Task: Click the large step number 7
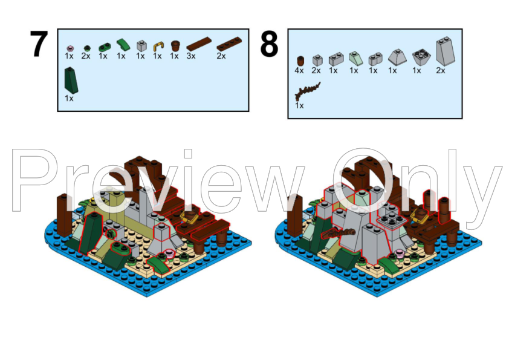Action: coord(39,45)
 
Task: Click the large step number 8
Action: coord(269,45)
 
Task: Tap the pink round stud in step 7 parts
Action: coord(69,47)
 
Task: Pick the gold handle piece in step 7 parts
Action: coord(158,45)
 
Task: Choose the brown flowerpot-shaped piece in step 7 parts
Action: coord(176,45)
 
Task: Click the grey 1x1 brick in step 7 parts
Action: coord(141,45)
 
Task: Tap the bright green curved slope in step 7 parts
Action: coord(123,44)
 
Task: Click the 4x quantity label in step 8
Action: coord(299,71)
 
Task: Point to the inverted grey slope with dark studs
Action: coord(418,57)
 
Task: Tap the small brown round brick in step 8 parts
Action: coord(300,60)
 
